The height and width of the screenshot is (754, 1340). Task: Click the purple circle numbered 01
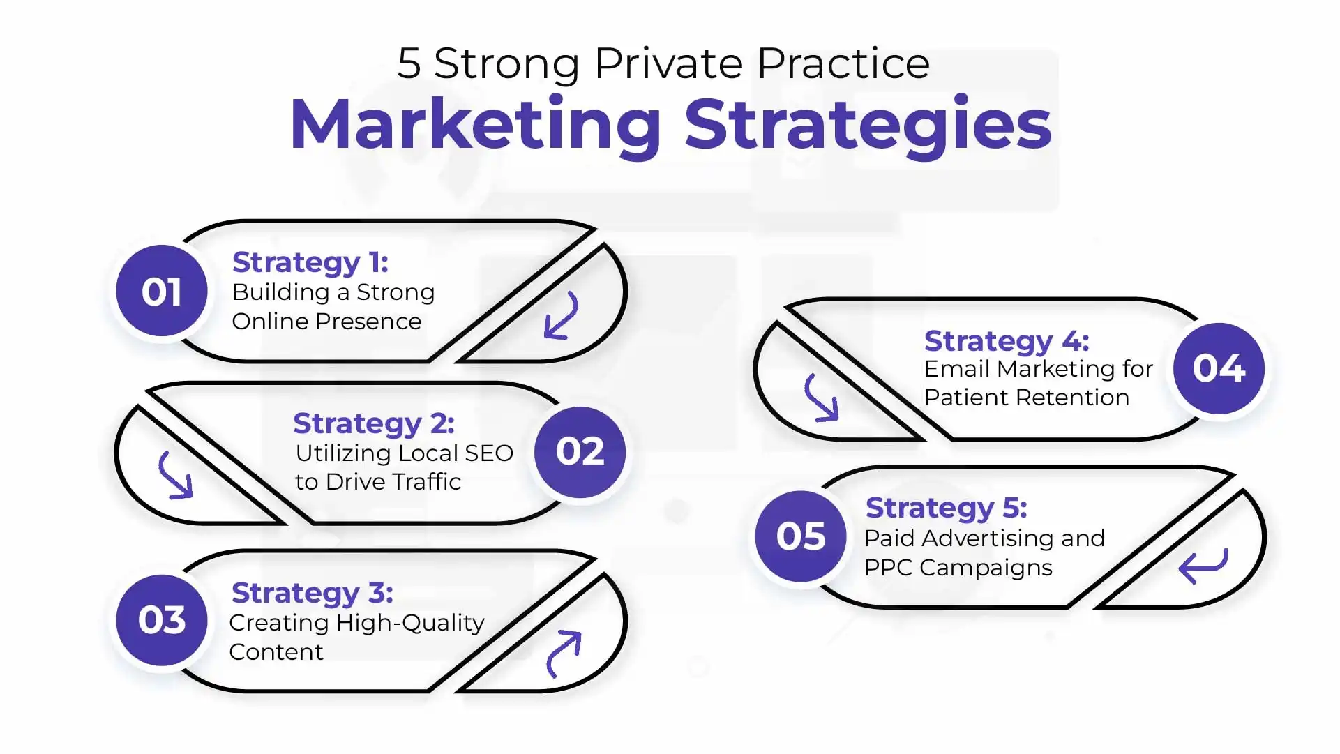(162, 291)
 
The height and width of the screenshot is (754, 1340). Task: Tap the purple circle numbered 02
(580, 452)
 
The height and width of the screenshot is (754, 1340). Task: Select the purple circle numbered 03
(162, 620)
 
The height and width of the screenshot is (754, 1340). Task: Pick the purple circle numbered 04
(1219, 368)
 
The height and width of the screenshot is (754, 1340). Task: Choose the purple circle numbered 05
(801, 536)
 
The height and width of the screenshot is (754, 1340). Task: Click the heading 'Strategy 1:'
(310, 263)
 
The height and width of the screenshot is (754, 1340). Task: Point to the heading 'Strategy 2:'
(374, 424)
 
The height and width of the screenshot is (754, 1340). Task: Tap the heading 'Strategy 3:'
(313, 594)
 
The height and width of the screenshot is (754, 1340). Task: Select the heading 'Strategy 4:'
(1007, 342)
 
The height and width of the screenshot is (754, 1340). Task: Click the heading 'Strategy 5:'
(947, 508)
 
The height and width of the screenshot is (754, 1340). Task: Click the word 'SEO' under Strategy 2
(489, 453)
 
